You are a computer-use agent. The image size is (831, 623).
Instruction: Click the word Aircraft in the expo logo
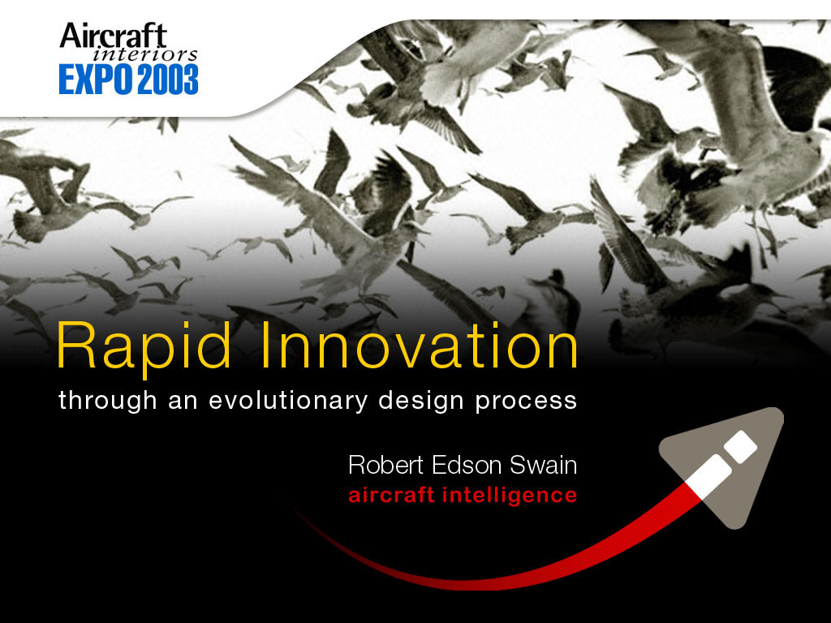tap(113, 37)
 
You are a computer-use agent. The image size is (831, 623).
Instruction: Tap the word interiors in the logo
tap(145, 54)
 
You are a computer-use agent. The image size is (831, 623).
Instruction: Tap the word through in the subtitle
tap(108, 401)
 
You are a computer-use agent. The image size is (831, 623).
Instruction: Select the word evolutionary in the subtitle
tap(288, 401)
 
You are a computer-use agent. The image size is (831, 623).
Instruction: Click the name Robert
tap(386, 465)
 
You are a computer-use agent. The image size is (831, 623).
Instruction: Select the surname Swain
tap(543, 465)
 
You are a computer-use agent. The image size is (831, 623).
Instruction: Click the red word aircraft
tap(392, 495)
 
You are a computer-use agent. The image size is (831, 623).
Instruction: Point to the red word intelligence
tap(510, 496)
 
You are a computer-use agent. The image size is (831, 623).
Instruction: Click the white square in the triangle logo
tap(741, 446)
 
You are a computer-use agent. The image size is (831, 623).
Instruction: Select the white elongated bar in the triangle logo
tap(708, 477)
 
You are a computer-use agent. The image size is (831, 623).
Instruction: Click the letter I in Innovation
tap(265, 345)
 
